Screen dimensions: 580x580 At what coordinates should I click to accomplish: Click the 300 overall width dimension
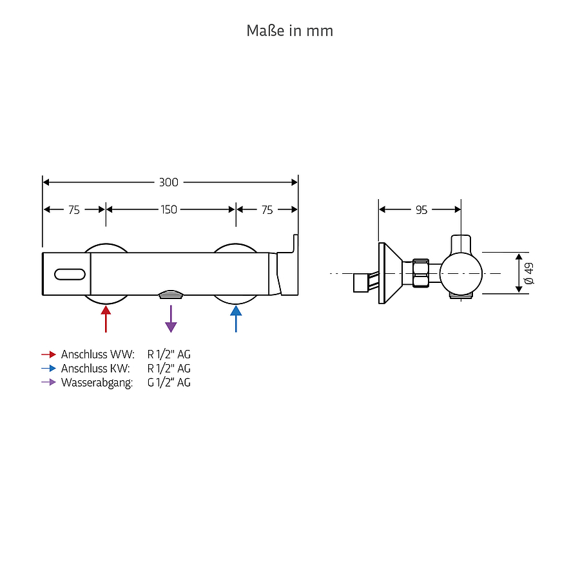[x=169, y=182]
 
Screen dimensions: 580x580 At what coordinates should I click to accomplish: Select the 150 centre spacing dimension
[x=169, y=209]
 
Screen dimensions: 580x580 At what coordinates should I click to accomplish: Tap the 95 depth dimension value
[x=421, y=210]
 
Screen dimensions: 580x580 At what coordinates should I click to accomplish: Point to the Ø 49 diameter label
[x=529, y=273]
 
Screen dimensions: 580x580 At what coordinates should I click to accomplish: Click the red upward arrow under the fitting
[x=106, y=319]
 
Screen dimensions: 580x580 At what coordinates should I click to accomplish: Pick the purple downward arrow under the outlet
[x=171, y=319]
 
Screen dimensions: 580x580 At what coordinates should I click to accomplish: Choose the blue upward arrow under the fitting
[x=236, y=319]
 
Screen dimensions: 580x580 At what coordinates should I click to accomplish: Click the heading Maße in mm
[x=290, y=31]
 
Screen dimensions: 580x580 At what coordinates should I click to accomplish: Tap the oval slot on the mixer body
[x=70, y=274]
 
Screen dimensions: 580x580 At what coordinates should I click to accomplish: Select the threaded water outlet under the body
[x=171, y=295]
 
